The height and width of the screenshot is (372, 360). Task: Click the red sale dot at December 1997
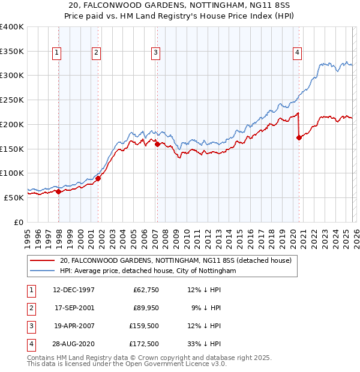pyautogui.click(x=59, y=192)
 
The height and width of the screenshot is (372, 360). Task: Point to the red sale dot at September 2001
pyautogui.click(x=98, y=178)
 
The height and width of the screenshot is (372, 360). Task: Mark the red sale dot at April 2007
pyautogui.click(x=157, y=144)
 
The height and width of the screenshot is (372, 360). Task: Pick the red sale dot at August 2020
pyautogui.click(x=299, y=137)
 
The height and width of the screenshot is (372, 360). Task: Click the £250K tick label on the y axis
pyautogui.click(x=11, y=100)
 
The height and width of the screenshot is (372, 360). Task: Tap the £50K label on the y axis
pyautogui.click(x=14, y=197)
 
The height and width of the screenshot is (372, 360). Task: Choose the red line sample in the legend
pyautogui.click(x=42, y=260)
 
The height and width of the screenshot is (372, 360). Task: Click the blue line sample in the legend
pyautogui.click(x=42, y=271)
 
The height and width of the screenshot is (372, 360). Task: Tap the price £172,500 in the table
pyautogui.click(x=145, y=344)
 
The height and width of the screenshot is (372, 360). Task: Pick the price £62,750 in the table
pyautogui.click(x=147, y=290)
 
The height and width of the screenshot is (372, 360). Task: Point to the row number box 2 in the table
pyautogui.click(x=31, y=308)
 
